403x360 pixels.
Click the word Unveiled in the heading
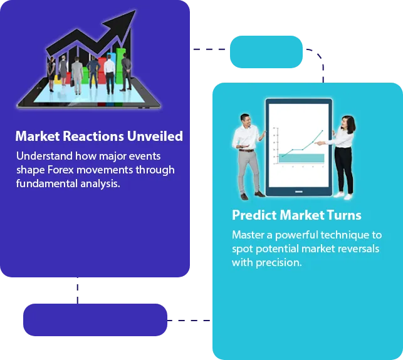click(155, 136)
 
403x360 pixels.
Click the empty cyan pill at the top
click(266, 52)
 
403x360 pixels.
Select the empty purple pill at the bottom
click(95, 320)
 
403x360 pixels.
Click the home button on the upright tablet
click(299, 192)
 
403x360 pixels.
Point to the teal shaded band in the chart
click(301, 158)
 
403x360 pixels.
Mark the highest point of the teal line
click(323, 131)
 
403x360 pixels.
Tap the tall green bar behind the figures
click(120, 66)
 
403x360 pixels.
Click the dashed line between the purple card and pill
click(78, 291)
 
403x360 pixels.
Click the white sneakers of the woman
click(343, 196)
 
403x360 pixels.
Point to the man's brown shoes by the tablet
click(253, 196)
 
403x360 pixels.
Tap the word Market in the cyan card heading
click(302, 215)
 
